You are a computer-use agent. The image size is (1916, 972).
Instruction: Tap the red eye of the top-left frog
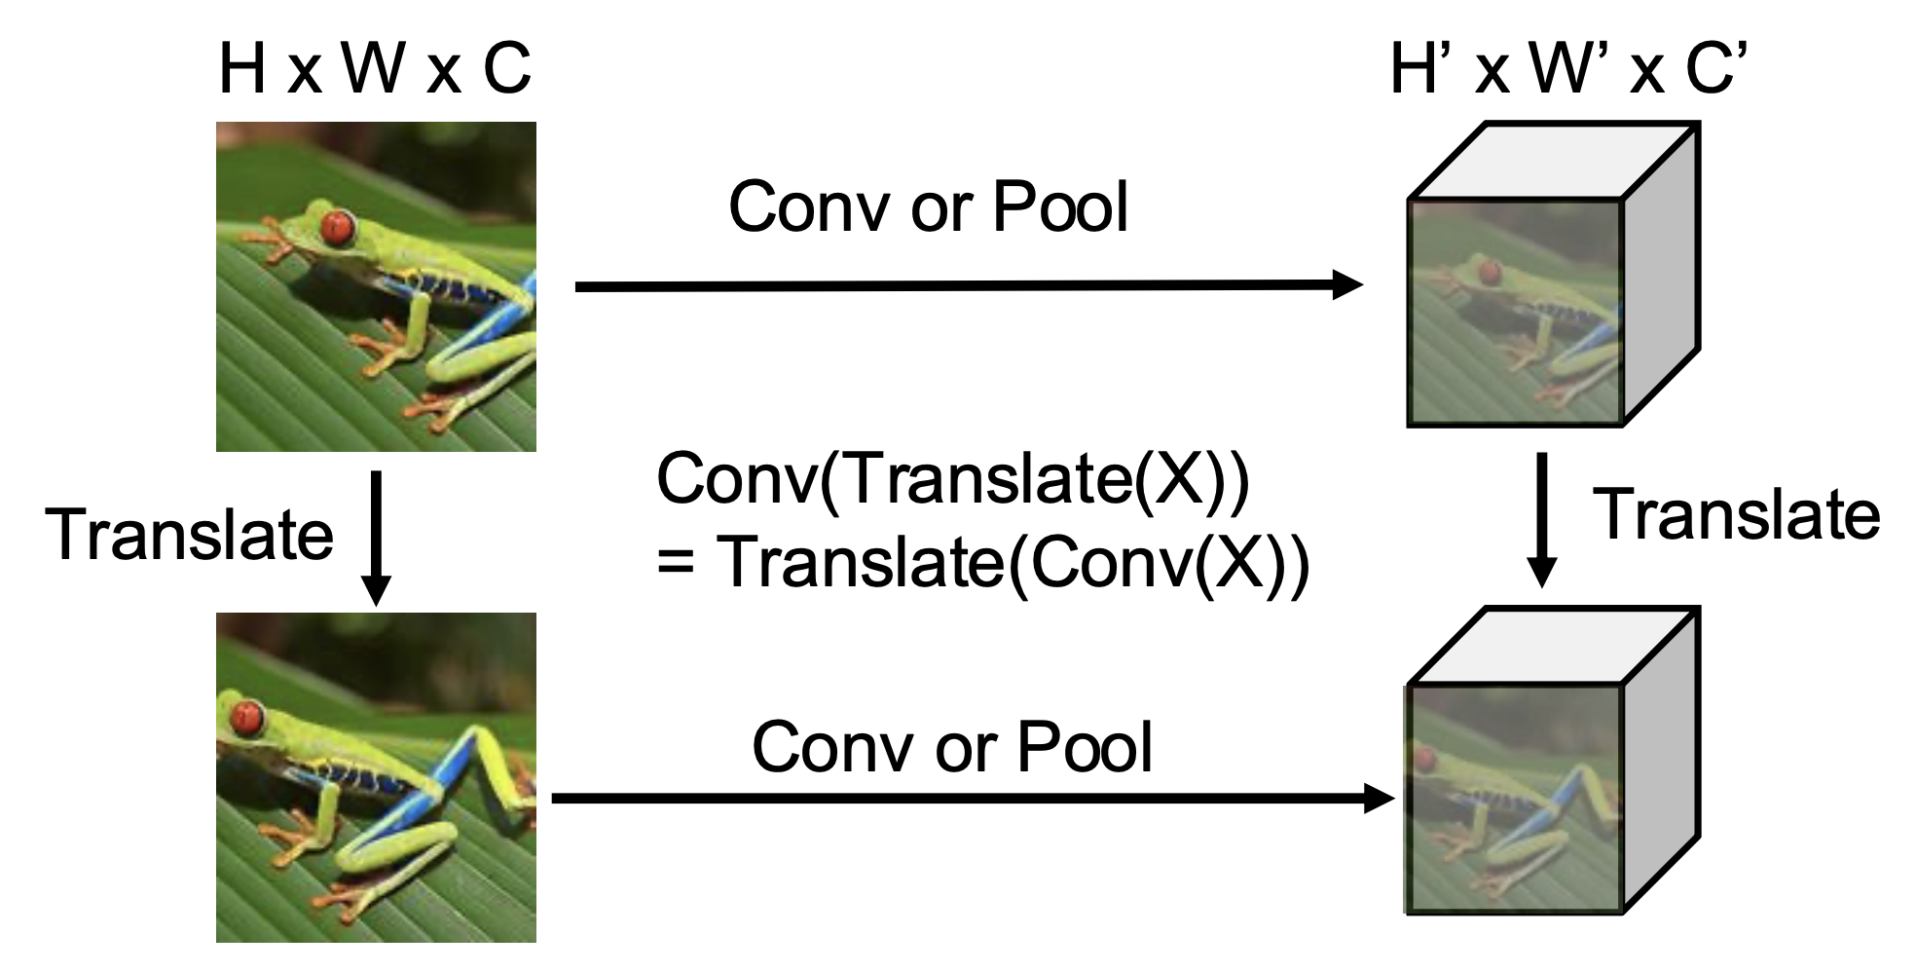pyautogui.click(x=337, y=226)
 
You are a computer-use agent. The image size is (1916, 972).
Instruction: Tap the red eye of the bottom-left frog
pyautogui.click(x=246, y=718)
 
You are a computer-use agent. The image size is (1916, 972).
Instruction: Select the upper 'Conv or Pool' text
pyautogui.click(x=928, y=206)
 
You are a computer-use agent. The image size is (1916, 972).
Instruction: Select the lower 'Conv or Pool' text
pyautogui.click(x=951, y=747)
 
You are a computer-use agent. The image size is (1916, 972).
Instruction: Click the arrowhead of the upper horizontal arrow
pyautogui.click(x=1348, y=284)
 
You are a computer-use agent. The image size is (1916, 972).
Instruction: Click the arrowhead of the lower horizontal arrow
pyautogui.click(x=1380, y=799)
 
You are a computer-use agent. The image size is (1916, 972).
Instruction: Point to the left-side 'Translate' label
pyautogui.click(x=190, y=535)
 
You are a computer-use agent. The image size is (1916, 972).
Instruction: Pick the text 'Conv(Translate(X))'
pyautogui.click(x=952, y=478)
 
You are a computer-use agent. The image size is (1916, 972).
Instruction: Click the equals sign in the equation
pyautogui.click(x=675, y=564)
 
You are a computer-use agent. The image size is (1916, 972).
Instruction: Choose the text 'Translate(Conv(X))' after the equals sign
pyautogui.click(x=1013, y=564)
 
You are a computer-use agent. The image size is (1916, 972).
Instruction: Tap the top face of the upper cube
pyautogui.click(x=1554, y=162)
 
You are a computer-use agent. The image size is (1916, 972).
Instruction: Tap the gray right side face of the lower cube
pyautogui.click(x=1661, y=760)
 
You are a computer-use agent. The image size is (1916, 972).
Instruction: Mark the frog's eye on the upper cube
pyautogui.click(x=1487, y=270)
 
